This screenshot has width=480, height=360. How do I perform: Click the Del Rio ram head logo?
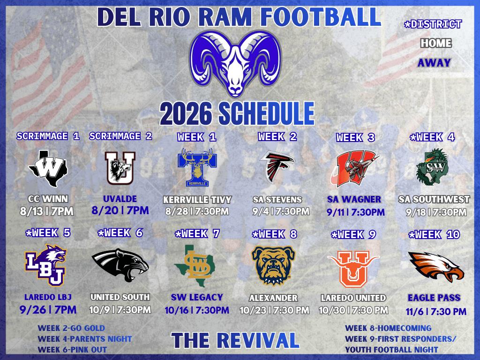(x=235, y=63)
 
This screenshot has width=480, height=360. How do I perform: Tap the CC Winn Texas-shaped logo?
(x=48, y=169)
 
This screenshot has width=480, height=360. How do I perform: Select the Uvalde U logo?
(x=120, y=168)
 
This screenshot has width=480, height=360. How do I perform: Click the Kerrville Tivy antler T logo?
(x=197, y=167)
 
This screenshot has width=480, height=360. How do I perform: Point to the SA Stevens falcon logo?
(x=277, y=167)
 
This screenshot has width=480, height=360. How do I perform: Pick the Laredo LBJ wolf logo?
(x=45, y=265)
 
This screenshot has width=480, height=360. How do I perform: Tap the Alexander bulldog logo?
(x=273, y=265)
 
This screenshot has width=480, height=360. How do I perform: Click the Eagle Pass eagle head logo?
(x=436, y=267)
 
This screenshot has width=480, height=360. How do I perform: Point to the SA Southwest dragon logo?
(x=432, y=167)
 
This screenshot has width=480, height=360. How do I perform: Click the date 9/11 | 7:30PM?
(x=355, y=212)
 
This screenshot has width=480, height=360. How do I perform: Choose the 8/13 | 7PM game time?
(x=46, y=211)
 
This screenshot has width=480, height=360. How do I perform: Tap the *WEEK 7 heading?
(x=197, y=234)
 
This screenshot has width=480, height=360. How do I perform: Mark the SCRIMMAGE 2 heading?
(x=120, y=136)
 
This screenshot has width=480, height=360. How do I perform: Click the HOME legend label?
(x=436, y=43)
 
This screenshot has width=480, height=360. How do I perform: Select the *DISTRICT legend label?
(x=433, y=24)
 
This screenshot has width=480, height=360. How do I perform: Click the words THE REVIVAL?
(x=235, y=340)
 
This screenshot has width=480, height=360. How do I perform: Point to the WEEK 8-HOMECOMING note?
(x=388, y=328)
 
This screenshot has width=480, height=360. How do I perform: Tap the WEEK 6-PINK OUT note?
(x=72, y=350)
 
